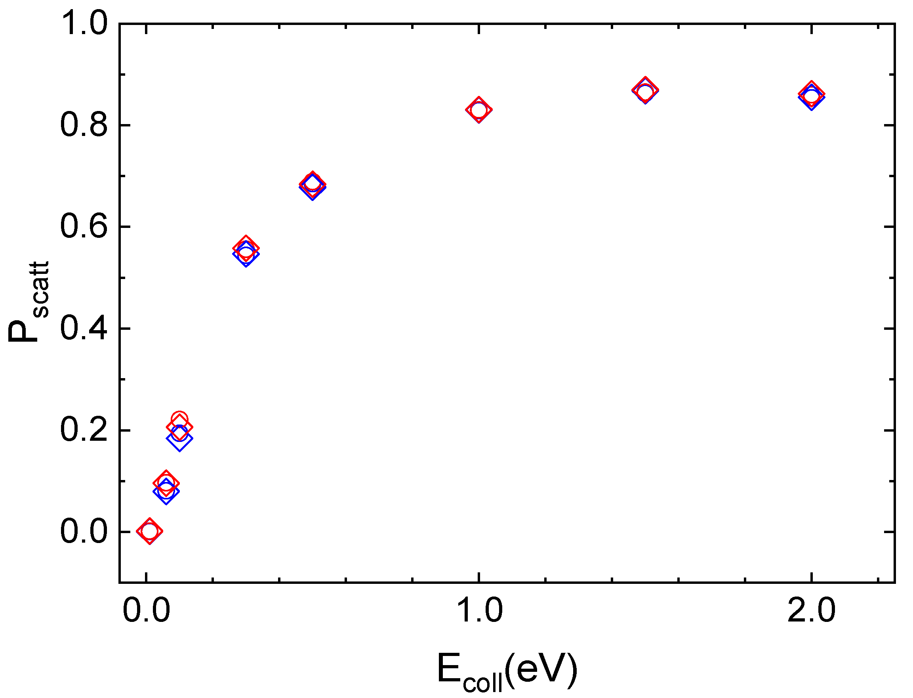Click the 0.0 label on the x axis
click(146, 610)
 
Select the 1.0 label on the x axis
click(479, 610)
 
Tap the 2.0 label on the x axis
click(811, 610)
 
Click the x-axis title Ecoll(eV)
click(507, 670)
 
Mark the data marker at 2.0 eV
click(811, 96)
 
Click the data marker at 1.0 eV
click(479, 110)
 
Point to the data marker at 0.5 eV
click(312, 184)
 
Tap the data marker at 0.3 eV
click(246, 251)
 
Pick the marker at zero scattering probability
click(149, 531)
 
